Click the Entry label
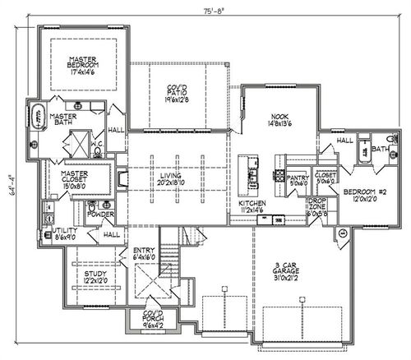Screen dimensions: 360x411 click(x=144, y=254)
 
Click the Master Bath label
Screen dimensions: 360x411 click(x=62, y=120)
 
